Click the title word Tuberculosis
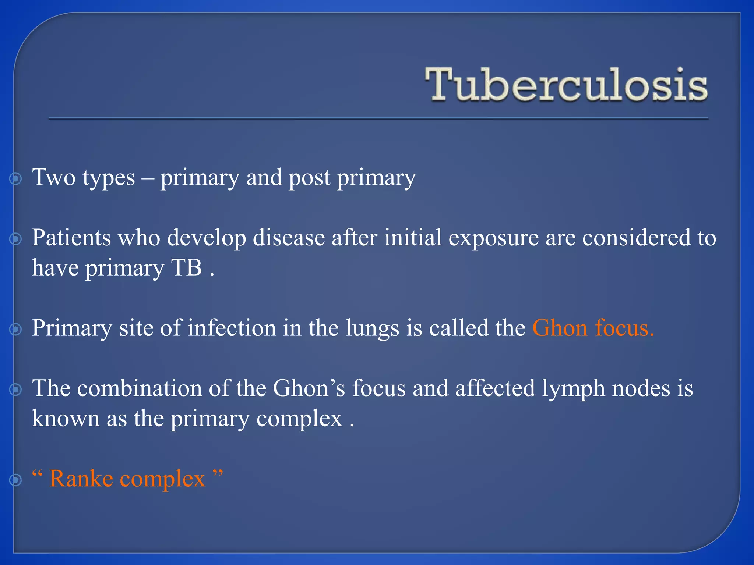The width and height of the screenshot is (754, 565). click(566, 85)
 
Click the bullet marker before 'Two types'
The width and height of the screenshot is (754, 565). click(15, 179)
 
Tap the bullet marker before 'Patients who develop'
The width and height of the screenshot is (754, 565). click(15, 239)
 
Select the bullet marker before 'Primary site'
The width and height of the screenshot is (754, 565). click(15, 330)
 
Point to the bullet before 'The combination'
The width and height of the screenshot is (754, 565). click(15, 390)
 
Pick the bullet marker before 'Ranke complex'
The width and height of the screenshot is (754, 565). click(15, 480)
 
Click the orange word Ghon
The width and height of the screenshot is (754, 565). click(560, 328)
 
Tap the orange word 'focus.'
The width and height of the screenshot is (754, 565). click(624, 328)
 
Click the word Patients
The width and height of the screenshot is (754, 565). click(71, 238)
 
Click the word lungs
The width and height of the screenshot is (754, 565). click(372, 328)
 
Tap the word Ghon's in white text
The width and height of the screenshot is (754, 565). click(309, 388)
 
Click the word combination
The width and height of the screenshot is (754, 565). click(140, 388)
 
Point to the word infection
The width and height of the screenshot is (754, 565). click(232, 328)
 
